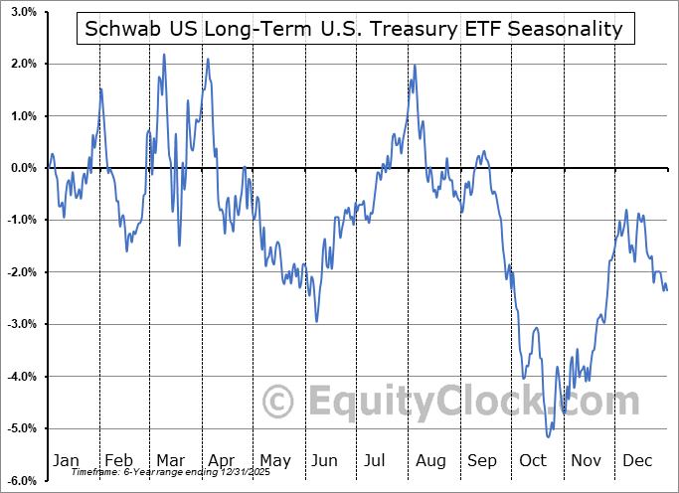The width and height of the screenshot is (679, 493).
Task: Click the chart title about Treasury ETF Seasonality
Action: pyautogui.click(x=354, y=29)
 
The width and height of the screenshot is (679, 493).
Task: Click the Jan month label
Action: pyautogui.click(x=66, y=460)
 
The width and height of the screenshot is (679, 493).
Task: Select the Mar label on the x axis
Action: pyautogui.click(x=170, y=460)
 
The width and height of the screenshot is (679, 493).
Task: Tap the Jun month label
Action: pyautogui.click(x=325, y=460)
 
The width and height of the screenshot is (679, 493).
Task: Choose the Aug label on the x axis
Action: pyautogui.click(x=430, y=460)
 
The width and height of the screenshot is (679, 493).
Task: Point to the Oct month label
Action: pyautogui.click(x=534, y=460)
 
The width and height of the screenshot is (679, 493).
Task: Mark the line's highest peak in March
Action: pyautogui.click(x=164, y=55)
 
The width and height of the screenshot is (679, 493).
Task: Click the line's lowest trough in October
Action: pyautogui.click(x=548, y=436)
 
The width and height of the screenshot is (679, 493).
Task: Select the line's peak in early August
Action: pyautogui.click(x=415, y=66)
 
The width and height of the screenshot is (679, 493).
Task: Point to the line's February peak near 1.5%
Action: pyautogui.click(x=100, y=89)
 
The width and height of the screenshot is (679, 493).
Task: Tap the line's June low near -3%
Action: pyautogui.click(x=317, y=321)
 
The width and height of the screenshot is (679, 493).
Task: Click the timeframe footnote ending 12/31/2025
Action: pyautogui.click(x=155, y=472)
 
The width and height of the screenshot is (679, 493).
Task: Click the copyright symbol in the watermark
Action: pyautogui.click(x=279, y=402)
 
